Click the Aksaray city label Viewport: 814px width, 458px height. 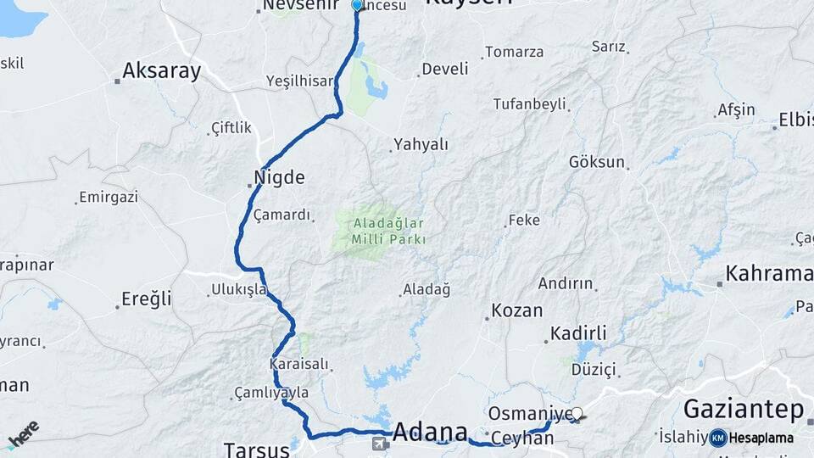tap(161, 71)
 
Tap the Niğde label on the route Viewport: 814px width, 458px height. tap(279, 178)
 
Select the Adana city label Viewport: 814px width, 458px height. tap(431, 430)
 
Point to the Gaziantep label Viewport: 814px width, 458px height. tap(743, 410)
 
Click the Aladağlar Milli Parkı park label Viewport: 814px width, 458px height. tap(389, 232)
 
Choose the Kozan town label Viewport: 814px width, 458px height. tap(517, 310)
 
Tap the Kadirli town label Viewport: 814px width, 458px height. tap(578, 333)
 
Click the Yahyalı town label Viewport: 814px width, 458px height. tap(421, 144)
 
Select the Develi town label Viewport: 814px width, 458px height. tap(444, 70)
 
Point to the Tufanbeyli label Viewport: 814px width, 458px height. tap(529, 104)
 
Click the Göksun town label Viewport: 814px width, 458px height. tap(597, 162)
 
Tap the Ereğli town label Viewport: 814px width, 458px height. tap(147, 299)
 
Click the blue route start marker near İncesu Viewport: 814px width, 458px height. tap(357, 5)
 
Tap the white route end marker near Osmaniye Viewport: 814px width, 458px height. tap(577, 413)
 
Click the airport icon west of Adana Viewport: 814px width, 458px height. tap(381, 443)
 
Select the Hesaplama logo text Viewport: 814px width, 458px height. tap(761, 438)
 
